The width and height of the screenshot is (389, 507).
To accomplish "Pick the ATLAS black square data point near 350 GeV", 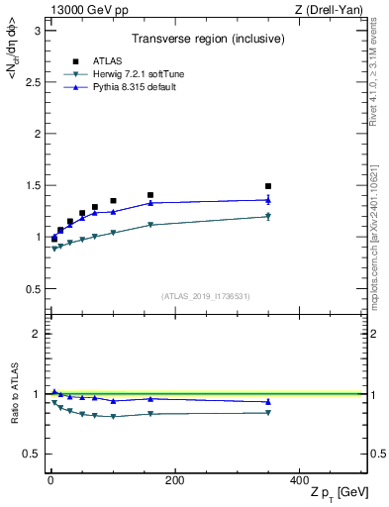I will [x=267, y=186].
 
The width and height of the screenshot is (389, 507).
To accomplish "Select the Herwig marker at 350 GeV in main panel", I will [x=267, y=216].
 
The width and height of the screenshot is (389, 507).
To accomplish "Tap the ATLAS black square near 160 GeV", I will [x=150, y=195].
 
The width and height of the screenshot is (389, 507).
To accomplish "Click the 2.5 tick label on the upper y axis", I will [x=34, y=82].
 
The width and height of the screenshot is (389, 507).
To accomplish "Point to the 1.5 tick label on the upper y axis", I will [x=34, y=185].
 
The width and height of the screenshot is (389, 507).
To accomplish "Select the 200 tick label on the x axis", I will [x=174, y=480].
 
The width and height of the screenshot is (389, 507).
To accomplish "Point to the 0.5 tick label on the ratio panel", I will [x=34, y=454].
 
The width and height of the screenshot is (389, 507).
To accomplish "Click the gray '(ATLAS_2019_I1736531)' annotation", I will [x=206, y=296].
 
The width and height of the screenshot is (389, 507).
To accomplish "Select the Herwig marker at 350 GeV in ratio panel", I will [x=267, y=413].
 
